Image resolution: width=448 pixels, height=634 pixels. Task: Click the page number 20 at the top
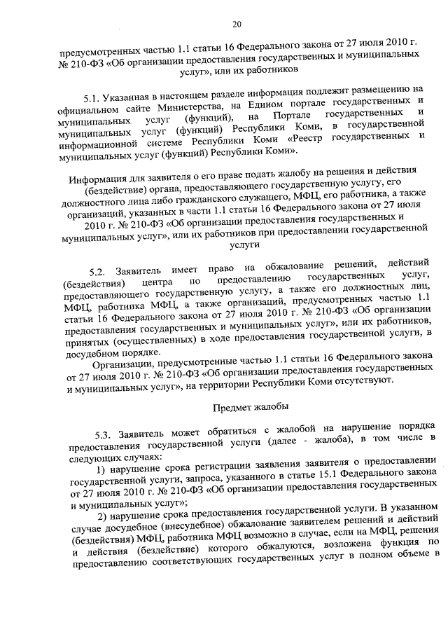237,25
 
